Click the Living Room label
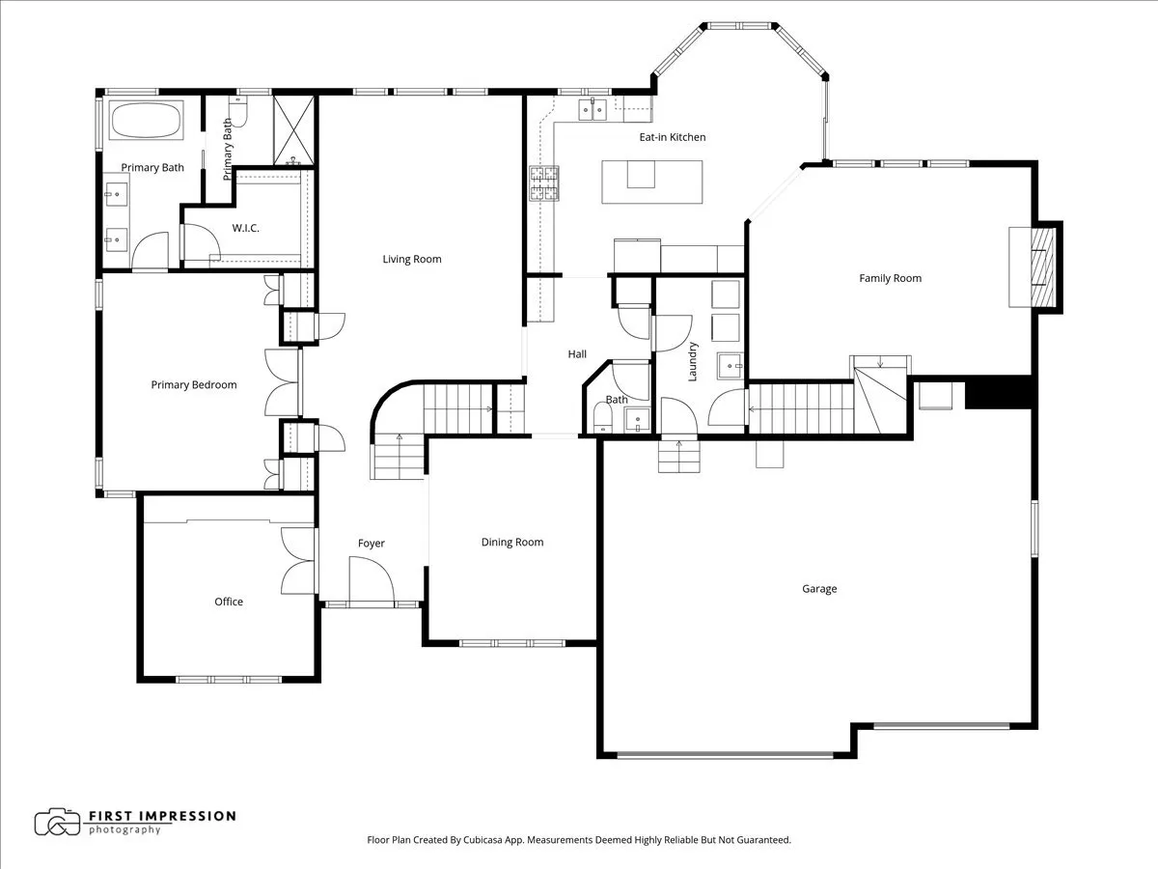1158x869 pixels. pyautogui.click(x=411, y=259)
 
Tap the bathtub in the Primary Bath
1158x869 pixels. pyautogui.click(x=146, y=123)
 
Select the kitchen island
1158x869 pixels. pyautogui.click(x=652, y=182)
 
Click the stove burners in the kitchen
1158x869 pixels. pyautogui.click(x=543, y=183)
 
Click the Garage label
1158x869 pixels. pyautogui.click(x=819, y=589)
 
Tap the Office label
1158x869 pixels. pyautogui.click(x=229, y=602)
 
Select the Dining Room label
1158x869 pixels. pyautogui.click(x=512, y=543)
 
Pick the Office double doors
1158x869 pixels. pyautogui.click(x=298, y=561)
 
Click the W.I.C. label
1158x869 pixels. pyautogui.click(x=245, y=228)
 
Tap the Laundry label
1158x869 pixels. pyautogui.click(x=693, y=361)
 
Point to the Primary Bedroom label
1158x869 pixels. pyautogui.click(x=194, y=384)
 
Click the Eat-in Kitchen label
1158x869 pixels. pyautogui.click(x=672, y=137)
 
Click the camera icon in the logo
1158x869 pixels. pyautogui.click(x=57, y=822)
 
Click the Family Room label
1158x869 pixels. pyautogui.click(x=890, y=278)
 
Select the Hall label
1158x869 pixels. pyautogui.click(x=577, y=354)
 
